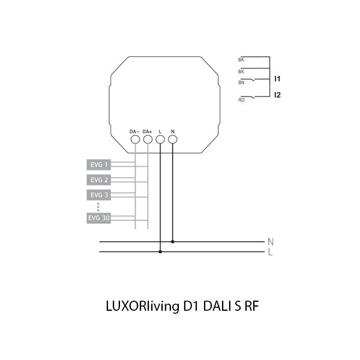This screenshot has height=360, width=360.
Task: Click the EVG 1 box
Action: click(98, 163)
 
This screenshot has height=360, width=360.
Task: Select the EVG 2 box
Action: click(98, 179)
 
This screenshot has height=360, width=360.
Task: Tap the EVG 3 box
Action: click(98, 195)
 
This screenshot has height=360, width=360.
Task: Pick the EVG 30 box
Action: click(98, 218)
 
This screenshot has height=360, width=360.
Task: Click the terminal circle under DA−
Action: click(135, 140)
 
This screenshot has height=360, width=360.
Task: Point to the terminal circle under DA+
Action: click(148, 140)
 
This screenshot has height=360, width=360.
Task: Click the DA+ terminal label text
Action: click(148, 131)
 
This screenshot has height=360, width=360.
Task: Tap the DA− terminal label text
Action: click(134, 131)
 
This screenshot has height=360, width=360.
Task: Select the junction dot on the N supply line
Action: click(173, 242)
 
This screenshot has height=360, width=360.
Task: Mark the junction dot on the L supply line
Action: click(160, 252)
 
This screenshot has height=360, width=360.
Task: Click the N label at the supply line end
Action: click(271, 242)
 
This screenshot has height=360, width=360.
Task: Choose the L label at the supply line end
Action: click(271, 253)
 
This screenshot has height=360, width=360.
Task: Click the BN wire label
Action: click(241, 83)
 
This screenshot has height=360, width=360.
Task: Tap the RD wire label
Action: click(241, 100)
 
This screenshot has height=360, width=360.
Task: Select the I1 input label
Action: click(277, 79)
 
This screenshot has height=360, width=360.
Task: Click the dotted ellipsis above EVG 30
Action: click(98, 206)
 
